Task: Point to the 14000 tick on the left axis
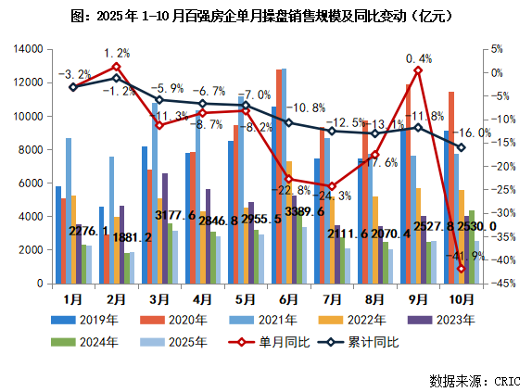[25, 48]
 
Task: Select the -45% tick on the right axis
[499, 284]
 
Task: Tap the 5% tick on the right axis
[496, 48]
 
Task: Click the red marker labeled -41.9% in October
[461, 269]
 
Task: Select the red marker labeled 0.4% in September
[418, 70]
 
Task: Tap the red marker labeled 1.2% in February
[117, 67]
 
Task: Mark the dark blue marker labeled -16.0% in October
[461, 147]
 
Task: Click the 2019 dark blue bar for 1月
[58, 234]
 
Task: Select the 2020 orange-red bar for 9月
[408, 183]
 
